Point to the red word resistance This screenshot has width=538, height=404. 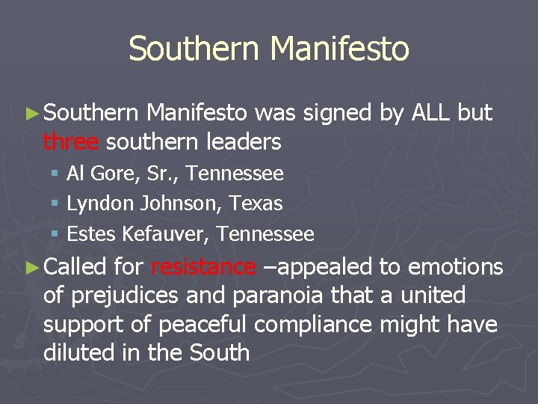coord(203,266)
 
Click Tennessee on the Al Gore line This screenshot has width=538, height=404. coord(235,174)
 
